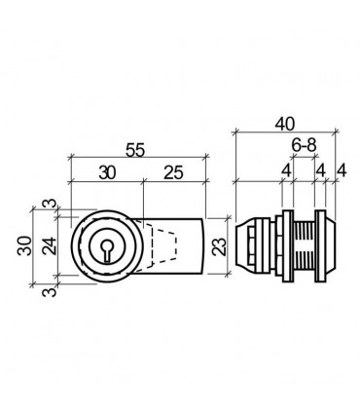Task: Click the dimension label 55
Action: [135, 150]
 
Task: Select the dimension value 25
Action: [173, 172]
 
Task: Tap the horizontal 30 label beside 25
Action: [107, 172]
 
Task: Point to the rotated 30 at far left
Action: [25, 245]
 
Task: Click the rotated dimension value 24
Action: [50, 245]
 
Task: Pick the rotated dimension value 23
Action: [220, 247]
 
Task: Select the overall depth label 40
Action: [285, 124]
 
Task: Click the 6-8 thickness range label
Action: [304, 145]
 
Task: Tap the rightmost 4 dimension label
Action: [342, 170]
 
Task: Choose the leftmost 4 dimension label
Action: [286, 170]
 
